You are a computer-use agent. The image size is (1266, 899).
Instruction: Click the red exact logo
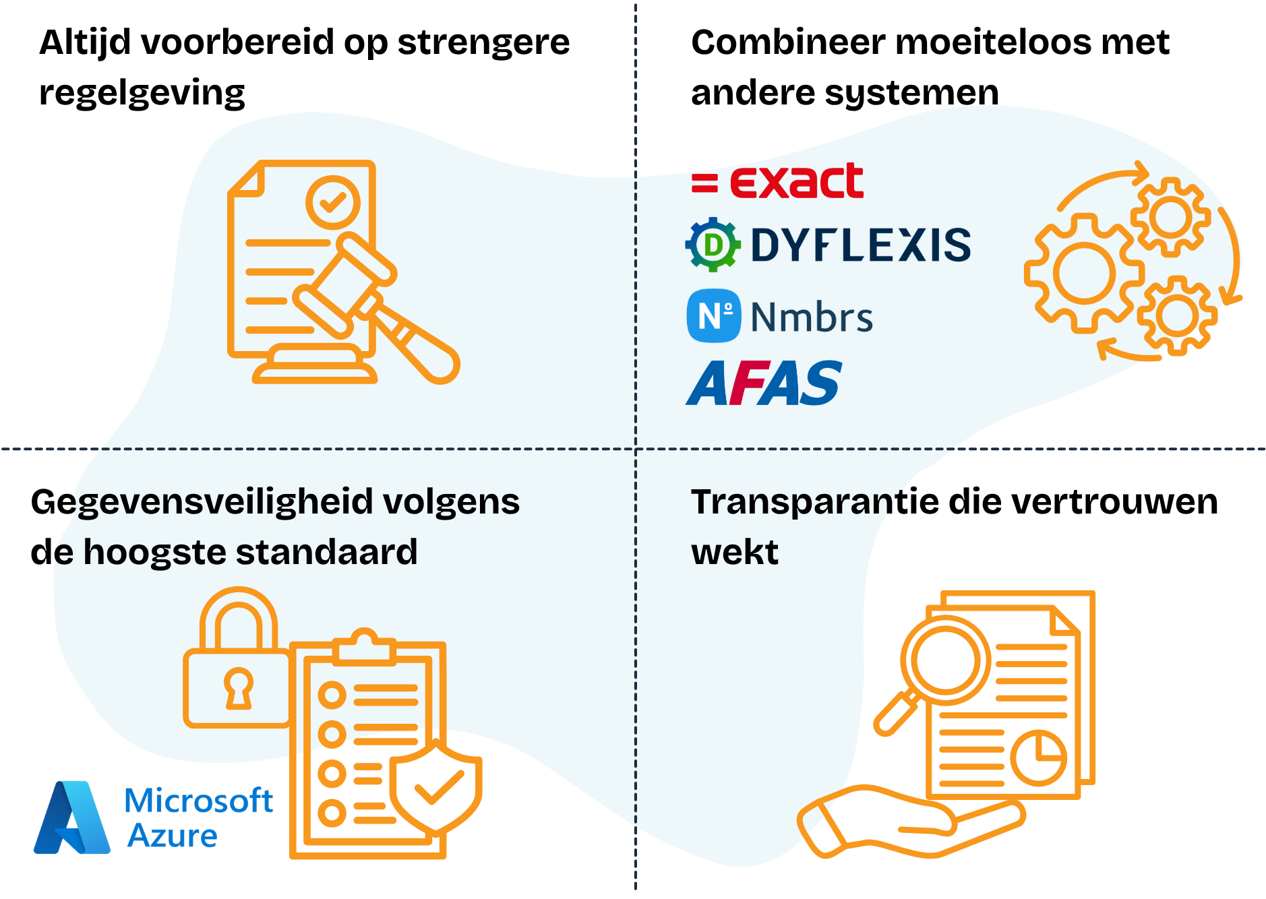(778, 181)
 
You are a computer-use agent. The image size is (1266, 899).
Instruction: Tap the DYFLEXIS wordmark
(860, 245)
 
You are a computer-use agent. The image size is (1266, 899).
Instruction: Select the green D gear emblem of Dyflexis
(713, 245)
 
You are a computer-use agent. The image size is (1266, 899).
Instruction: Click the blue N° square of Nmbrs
(713, 316)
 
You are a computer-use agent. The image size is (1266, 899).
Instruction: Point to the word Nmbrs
(812, 317)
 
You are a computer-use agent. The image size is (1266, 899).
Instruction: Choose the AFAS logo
(764, 383)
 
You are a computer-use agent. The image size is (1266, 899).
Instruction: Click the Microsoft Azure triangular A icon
(71, 818)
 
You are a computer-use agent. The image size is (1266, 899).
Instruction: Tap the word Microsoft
(199, 801)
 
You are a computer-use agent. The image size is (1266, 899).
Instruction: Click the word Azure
(173, 836)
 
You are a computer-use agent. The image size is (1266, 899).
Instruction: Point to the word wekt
(734, 553)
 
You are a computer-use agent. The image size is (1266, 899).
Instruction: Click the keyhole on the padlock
(238, 687)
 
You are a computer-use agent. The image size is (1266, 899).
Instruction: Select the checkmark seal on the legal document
(332, 201)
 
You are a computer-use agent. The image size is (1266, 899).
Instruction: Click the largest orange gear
(1083, 274)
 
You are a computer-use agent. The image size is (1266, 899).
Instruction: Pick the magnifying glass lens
(945, 661)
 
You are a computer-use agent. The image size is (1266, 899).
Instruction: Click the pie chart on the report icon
(1038, 757)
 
